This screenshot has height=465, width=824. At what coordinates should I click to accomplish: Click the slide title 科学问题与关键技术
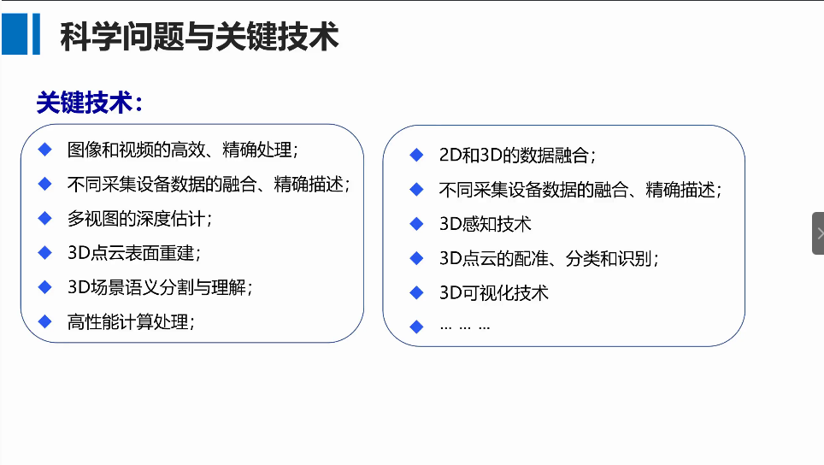199,37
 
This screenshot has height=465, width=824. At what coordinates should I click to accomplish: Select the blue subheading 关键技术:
90,103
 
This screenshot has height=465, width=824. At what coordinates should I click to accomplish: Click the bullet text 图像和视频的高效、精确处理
182,150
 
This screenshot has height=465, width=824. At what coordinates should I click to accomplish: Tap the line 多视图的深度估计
139,219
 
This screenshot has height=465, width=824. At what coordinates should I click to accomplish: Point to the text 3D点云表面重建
134,253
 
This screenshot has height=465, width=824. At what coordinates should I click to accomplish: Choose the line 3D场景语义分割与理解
160,287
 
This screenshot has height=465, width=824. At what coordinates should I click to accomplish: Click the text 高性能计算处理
131,322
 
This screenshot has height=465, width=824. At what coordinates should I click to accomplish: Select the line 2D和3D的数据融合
517,155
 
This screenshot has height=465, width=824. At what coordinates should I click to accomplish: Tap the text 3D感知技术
485,224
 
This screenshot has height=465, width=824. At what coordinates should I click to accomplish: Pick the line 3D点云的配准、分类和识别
549,258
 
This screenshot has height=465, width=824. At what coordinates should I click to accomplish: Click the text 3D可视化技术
493,292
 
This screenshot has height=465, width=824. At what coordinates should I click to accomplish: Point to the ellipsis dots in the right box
465,327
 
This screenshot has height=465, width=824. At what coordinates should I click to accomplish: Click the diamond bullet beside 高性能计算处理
45,321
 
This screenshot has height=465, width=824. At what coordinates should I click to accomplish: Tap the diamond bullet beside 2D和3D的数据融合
417,155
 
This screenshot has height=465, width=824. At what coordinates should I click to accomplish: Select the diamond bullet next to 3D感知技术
417,224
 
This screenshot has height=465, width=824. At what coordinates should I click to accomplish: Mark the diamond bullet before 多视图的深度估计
45,218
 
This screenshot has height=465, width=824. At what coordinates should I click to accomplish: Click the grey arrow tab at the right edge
818,233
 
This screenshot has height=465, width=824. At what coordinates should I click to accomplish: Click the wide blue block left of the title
15,34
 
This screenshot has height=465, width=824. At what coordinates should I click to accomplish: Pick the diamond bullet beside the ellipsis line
417,327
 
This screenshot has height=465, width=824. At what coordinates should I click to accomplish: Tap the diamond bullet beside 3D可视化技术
417,292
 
